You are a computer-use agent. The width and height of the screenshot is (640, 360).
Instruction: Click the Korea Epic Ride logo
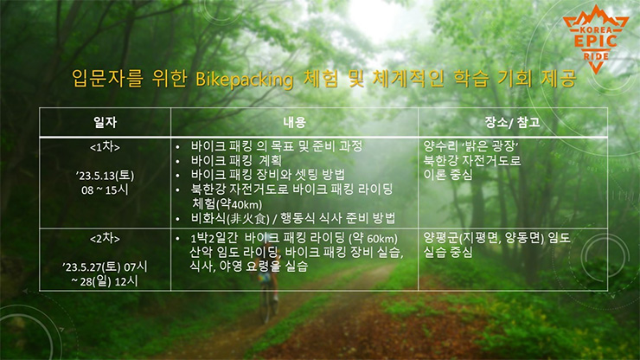[596, 39]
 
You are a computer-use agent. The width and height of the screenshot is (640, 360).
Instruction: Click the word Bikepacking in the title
[244, 80]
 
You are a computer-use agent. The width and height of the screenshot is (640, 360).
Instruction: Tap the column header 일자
[105, 122]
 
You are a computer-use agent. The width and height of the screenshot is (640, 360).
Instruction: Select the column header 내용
[294, 122]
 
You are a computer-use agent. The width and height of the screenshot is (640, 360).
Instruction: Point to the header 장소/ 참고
[512, 122]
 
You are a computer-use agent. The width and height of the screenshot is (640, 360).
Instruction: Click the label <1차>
[105, 147]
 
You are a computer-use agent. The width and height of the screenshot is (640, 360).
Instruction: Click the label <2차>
[105, 238]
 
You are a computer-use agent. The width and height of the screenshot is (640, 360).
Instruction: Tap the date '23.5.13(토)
[105, 176]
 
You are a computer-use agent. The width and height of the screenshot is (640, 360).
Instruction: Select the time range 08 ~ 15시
[105, 190]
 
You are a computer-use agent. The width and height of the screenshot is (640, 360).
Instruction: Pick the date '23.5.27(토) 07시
[105, 267]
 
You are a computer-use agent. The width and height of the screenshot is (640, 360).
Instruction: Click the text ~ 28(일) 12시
[105, 281]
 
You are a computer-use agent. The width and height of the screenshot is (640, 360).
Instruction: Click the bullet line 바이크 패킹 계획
[236, 161]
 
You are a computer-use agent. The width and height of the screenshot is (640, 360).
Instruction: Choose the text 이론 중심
[448, 175]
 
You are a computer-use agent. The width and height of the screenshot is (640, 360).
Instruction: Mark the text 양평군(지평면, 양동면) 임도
[496, 238]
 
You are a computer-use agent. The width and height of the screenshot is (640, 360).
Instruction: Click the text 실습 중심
[448, 252]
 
